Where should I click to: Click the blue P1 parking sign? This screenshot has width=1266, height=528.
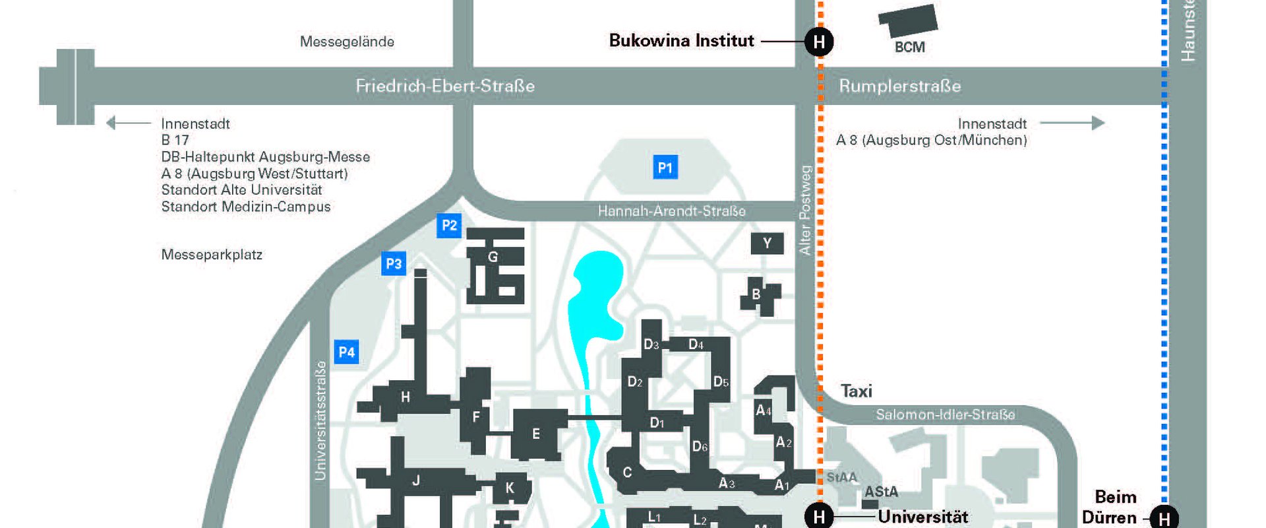click(x=665, y=168)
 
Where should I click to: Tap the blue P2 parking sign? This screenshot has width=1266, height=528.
click(x=449, y=226)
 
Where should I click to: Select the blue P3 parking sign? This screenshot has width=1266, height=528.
click(x=394, y=264)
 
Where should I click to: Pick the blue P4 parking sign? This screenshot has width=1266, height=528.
click(x=346, y=352)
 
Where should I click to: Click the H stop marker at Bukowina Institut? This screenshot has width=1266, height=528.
click(x=819, y=42)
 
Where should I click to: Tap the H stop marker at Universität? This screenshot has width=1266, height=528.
click(x=819, y=516)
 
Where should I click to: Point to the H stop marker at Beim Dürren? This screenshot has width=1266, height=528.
click(x=1164, y=518)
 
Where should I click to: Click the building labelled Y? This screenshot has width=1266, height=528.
click(x=767, y=244)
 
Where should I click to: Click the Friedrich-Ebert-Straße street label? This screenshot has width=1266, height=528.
click(x=445, y=86)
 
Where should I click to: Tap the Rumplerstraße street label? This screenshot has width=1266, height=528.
click(x=899, y=86)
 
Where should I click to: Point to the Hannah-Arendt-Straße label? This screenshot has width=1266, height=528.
click(x=671, y=211)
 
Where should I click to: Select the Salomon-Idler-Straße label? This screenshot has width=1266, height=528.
click(x=945, y=414)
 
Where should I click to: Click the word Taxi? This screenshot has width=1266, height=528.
click(x=856, y=391)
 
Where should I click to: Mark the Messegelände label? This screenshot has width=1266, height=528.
click(x=347, y=42)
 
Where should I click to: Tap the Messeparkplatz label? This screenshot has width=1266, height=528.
click(x=212, y=255)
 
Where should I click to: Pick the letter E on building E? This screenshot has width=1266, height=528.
click(x=536, y=434)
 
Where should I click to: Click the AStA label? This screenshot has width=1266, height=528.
click(x=881, y=492)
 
